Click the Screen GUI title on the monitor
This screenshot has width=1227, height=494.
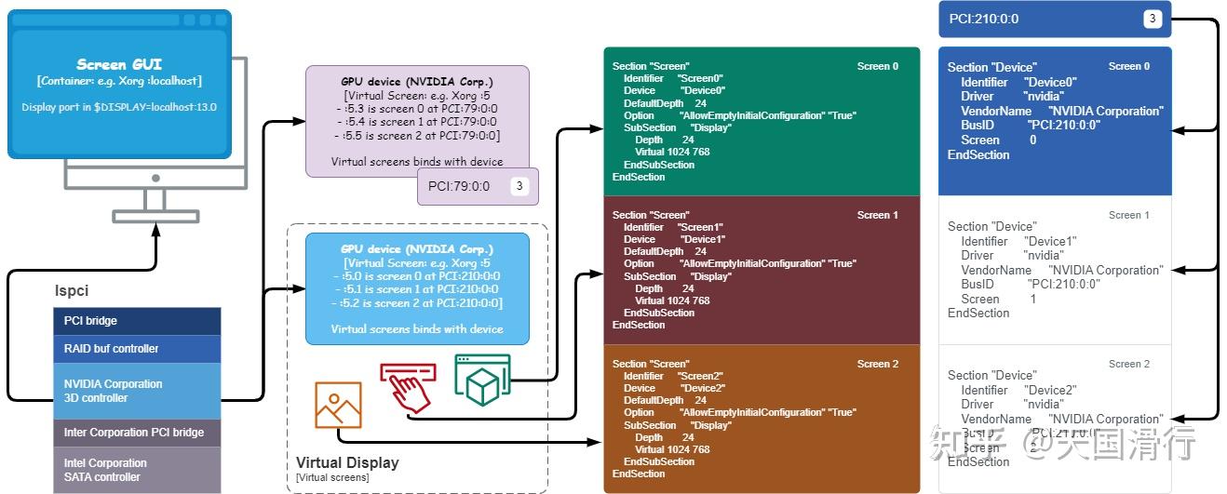tap(118, 64)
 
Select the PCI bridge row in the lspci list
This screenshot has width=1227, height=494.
tap(137, 321)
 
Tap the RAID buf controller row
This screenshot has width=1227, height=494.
tap(137, 349)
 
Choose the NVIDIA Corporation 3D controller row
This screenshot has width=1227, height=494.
tap(137, 391)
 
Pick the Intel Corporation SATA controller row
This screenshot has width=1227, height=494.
tap(137, 470)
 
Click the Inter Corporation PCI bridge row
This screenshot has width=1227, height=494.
tap(137, 433)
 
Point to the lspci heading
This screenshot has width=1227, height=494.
tap(72, 291)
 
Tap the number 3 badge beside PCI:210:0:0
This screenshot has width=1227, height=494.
tap(1152, 19)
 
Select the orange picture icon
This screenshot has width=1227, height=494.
tap(338, 405)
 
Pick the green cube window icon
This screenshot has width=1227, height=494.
tap(482, 379)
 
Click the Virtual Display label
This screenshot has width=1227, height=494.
tap(347, 462)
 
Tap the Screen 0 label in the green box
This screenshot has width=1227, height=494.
tap(877, 66)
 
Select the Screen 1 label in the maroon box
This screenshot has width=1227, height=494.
tap(877, 215)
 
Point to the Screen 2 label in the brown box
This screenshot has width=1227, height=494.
tap(877, 364)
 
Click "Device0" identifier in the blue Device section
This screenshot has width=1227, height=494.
tap(1050, 82)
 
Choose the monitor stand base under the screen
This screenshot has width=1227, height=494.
tap(155, 217)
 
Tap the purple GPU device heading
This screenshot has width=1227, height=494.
tap(416, 81)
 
